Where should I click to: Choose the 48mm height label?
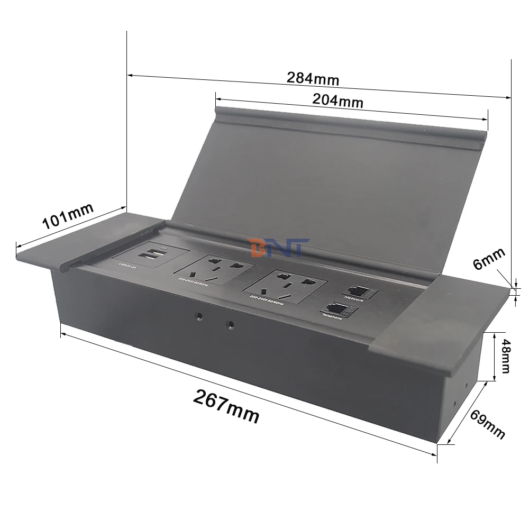(505, 355)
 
